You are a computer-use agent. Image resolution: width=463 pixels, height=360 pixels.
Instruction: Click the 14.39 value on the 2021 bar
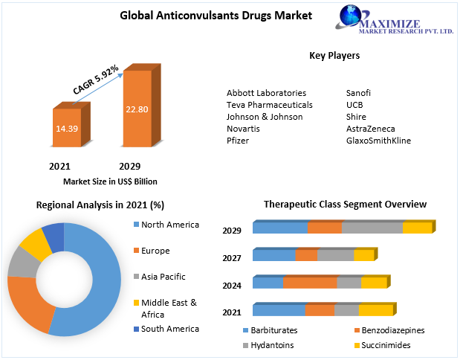(65, 128)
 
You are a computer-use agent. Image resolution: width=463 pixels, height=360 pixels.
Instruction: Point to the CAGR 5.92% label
(95, 80)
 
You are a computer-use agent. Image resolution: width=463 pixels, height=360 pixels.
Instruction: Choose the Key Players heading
(334, 55)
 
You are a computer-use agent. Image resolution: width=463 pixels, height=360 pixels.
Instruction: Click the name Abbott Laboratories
(266, 93)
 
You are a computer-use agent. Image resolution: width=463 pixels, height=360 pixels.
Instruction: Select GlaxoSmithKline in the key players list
(378, 141)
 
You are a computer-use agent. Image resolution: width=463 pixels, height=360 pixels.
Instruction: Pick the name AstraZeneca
(370, 129)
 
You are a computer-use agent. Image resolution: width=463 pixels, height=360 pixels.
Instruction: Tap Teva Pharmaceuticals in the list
(269, 105)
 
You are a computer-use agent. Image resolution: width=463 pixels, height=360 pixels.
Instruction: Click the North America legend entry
(169, 225)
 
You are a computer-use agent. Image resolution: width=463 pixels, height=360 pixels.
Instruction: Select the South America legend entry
(169, 329)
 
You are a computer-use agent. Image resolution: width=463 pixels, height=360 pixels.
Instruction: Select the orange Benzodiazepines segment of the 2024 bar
(310, 283)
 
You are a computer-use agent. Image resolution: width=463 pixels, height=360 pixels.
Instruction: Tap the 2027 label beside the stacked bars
(232, 258)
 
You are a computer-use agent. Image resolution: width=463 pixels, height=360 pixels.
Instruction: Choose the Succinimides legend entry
(386, 345)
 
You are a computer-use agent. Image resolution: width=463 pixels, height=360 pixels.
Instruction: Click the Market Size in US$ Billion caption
(110, 181)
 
